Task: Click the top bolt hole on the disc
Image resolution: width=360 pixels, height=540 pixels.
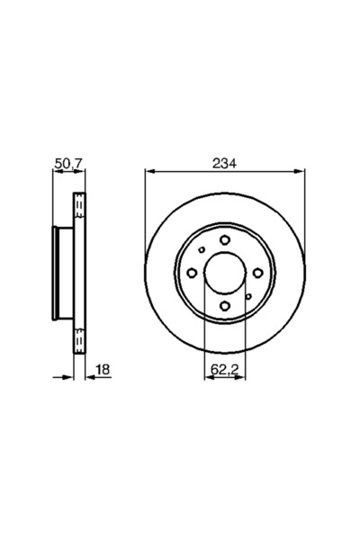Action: click(x=224, y=238)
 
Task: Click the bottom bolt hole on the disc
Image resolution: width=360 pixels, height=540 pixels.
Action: click(x=224, y=307)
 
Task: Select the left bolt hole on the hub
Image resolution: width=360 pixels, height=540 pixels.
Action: click(x=191, y=273)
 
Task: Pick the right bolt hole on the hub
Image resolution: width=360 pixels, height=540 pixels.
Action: click(x=257, y=273)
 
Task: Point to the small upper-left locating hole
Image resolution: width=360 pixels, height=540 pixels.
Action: click(x=202, y=250)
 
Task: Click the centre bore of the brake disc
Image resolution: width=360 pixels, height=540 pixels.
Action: click(x=224, y=273)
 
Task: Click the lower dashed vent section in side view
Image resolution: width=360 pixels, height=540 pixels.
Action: click(x=78, y=338)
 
